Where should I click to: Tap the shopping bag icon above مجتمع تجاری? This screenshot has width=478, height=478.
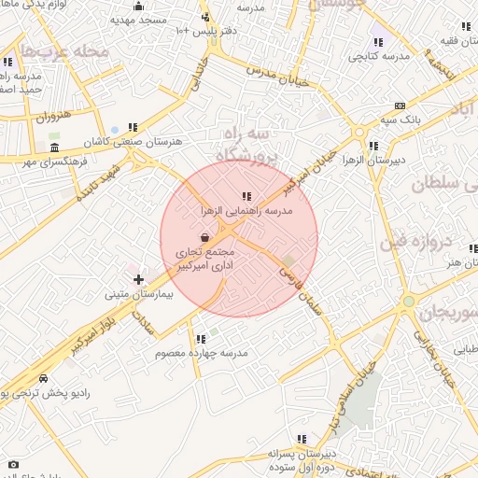[204, 238]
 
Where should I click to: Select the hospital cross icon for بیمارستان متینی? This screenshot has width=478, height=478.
[138, 278]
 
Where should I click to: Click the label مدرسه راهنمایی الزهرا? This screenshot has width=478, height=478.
[246, 212]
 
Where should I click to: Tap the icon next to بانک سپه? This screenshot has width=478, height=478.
[401, 105]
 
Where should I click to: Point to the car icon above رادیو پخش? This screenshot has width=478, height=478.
[44, 379]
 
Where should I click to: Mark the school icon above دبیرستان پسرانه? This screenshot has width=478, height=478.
[302, 439]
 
